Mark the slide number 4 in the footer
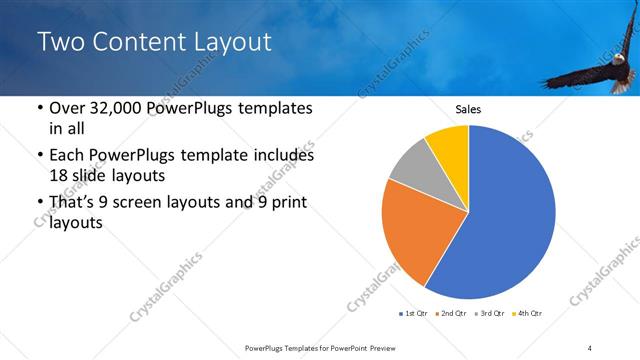(x=590, y=347)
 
